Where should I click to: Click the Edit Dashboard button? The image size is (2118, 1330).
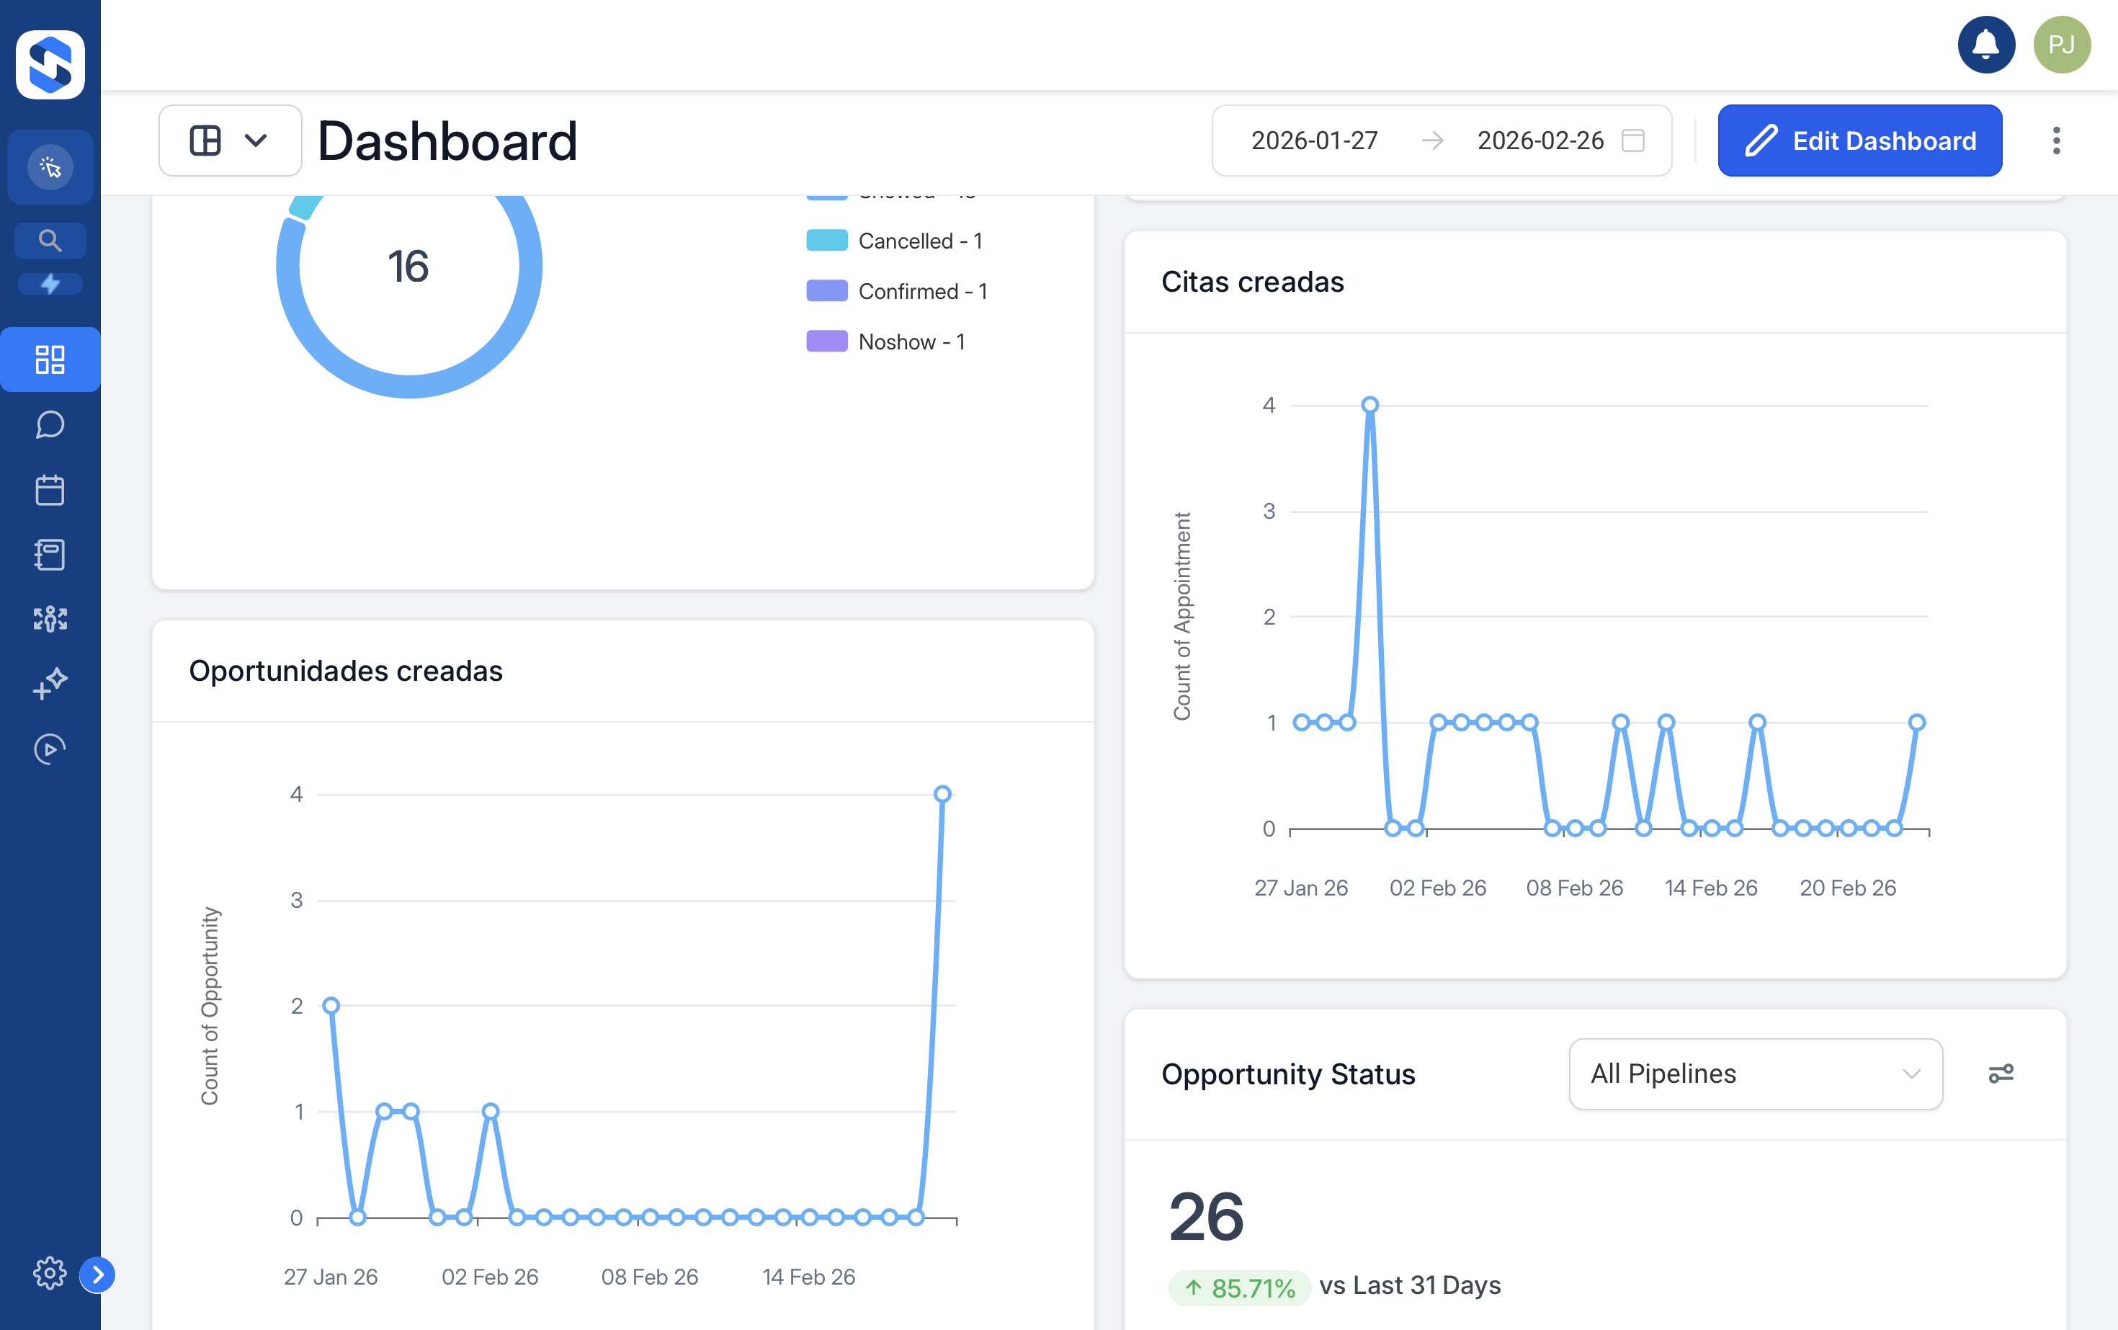[x=1859, y=140]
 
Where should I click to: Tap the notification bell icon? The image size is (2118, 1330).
[x=1985, y=45]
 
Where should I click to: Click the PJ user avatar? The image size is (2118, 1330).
[x=2061, y=45]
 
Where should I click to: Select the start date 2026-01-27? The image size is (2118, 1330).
[x=1314, y=140]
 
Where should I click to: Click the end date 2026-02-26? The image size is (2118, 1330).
[x=1540, y=140]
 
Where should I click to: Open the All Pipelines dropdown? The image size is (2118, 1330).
[x=1755, y=1074]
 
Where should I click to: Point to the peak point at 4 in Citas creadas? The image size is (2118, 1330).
[x=1369, y=406]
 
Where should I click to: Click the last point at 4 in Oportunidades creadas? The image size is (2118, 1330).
[x=942, y=794]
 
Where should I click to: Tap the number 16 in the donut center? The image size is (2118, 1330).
[x=408, y=267]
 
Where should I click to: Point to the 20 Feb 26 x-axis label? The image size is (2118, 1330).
[x=1847, y=888]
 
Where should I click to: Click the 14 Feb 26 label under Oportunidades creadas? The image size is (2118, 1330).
[x=808, y=1277]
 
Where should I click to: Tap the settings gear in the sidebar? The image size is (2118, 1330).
[x=49, y=1273]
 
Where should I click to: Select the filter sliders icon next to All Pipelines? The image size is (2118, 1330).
[x=2000, y=1074]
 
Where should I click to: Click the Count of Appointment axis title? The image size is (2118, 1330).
[x=1182, y=617]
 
